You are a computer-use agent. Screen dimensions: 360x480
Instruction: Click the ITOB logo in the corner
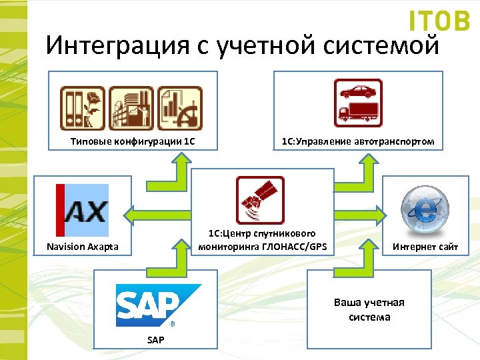(x=439, y=21)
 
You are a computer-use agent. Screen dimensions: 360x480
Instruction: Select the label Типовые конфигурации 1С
(x=133, y=141)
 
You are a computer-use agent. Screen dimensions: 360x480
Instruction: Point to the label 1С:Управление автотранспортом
(x=358, y=141)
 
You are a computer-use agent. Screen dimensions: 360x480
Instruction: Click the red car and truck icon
(x=358, y=103)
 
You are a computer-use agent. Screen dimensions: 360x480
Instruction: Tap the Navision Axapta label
(x=83, y=247)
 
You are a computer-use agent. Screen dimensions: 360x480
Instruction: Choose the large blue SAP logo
(x=158, y=304)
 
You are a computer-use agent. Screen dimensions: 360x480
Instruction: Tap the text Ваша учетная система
(x=369, y=309)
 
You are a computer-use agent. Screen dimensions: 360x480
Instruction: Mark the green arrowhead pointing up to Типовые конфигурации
(x=179, y=159)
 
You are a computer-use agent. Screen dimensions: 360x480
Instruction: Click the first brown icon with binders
(x=83, y=107)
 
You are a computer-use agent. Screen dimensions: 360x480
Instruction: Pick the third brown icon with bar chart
(x=179, y=107)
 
